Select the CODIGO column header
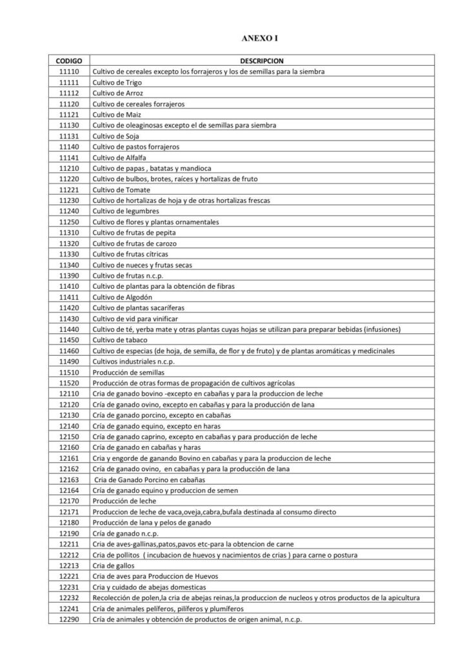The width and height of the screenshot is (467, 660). coord(68,61)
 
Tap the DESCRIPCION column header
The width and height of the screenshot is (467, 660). coord(257,61)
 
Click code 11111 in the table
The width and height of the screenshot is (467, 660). coord(68,82)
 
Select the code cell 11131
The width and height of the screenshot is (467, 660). coord(68,136)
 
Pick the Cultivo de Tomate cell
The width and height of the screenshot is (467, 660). coord(121,189)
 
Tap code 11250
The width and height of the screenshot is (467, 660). coord(68,222)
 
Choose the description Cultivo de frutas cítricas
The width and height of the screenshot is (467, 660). coord(131,254)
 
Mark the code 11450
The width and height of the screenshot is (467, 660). coord(68,340)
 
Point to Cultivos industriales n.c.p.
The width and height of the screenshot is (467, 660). coord(129,362)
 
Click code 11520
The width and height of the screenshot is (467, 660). coord(68,383)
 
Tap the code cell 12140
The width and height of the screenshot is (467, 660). coord(68,426)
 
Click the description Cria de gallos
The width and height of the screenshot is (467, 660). coord(114,566)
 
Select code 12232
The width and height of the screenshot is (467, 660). coord(68,598)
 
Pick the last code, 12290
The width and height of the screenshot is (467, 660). coord(68,619)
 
